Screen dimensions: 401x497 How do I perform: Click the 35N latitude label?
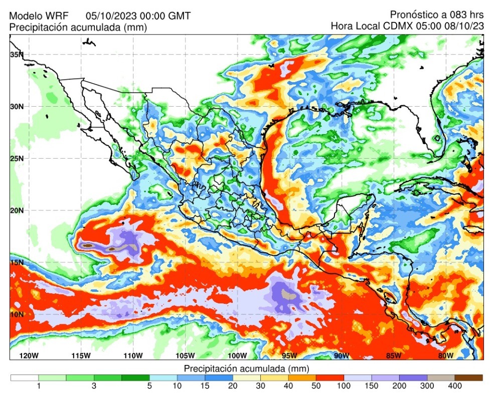(x=17, y=55)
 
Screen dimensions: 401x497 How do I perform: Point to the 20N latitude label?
(x=17, y=210)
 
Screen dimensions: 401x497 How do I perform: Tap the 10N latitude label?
(x=17, y=314)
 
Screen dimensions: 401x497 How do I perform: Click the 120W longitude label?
(x=29, y=355)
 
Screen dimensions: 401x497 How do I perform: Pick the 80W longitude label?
(x=445, y=355)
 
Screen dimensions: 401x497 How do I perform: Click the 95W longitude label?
(x=289, y=355)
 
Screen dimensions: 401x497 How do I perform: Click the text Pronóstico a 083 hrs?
(x=436, y=15)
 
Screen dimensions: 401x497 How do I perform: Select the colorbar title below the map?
(x=247, y=368)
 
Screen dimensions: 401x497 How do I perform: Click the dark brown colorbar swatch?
(x=468, y=377)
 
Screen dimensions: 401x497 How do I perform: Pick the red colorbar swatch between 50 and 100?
(x=330, y=377)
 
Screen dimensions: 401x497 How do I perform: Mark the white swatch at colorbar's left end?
(x=25, y=377)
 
